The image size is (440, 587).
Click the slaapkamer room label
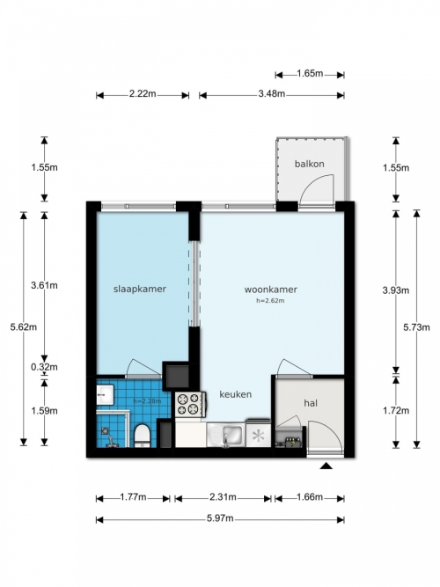click(x=140, y=289)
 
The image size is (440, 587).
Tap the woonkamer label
click(x=271, y=290)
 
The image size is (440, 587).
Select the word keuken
click(x=235, y=394)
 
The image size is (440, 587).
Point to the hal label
click(x=311, y=403)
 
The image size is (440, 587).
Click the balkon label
click(x=309, y=164)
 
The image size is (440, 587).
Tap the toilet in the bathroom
click(x=142, y=436)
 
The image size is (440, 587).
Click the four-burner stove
click(x=189, y=404)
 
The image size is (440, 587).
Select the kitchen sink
click(x=226, y=435)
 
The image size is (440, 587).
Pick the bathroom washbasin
click(x=105, y=394)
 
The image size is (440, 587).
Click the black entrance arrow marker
click(x=326, y=466)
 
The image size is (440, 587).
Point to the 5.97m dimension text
click(x=220, y=518)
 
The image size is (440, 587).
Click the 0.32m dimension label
click(x=44, y=367)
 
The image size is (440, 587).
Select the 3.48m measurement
click(x=272, y=94)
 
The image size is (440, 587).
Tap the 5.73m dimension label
click(x=416, y=327)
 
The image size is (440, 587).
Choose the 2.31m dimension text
click(x=223, y=497)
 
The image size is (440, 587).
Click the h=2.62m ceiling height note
click(x=270, y=300)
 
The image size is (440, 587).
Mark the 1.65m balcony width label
click(x=310, y=73)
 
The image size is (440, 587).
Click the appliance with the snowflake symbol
click(x=258, y=434)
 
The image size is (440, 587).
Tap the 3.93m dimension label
click(x=396, y=290)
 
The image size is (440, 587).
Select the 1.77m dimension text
click(x=133, y=497)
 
